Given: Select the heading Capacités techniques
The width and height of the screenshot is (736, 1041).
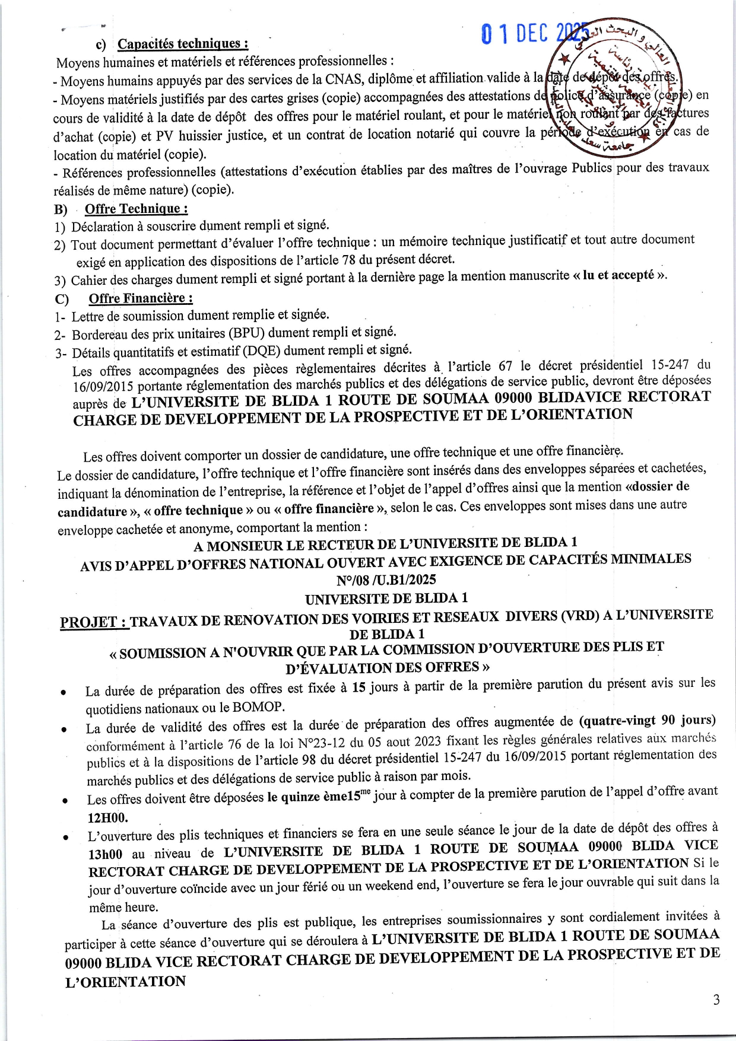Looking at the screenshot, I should click(x=182, y=44).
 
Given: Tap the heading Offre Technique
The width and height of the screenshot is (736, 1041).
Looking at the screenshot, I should click(x=137, y=209).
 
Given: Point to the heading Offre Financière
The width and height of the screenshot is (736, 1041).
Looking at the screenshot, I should click(x=141, y=298).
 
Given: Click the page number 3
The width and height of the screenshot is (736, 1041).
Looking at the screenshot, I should click(x=716, y=1000).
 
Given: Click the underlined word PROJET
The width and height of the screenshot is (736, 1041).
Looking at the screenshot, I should click(x=94, y=622).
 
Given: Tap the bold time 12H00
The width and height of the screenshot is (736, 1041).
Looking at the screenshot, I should click(x=107, y=817).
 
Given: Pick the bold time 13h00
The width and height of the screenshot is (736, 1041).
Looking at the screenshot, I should click(x=106, y=854).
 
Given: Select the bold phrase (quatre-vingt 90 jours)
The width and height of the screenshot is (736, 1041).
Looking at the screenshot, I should click(x=647, y=721).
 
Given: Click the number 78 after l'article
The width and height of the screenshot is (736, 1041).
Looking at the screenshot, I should click(x=349, y=260).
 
